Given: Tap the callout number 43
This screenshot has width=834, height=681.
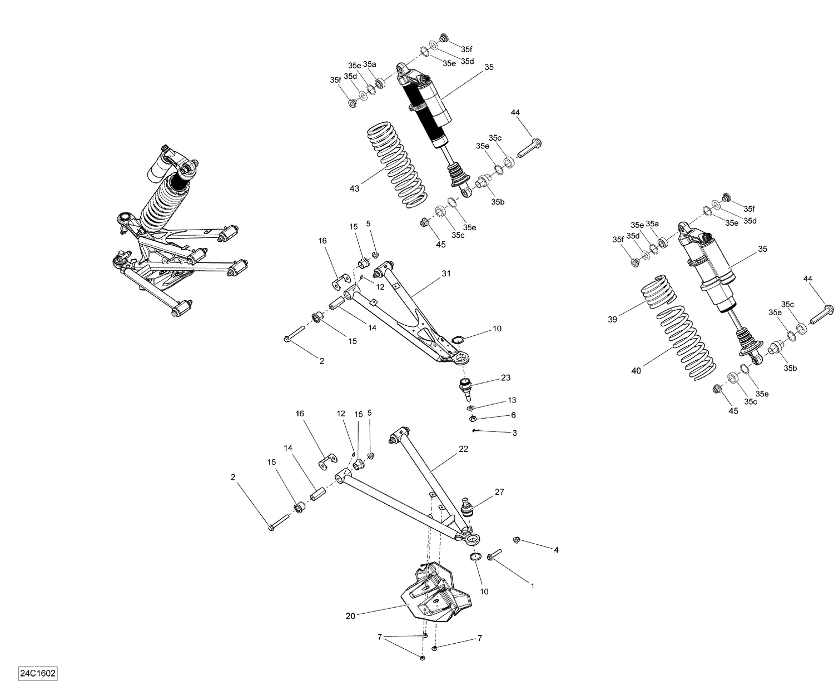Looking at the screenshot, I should point(354,188).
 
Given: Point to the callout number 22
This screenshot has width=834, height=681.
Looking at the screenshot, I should point(463,449).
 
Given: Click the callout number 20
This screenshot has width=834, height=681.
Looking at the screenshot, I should point(350,615).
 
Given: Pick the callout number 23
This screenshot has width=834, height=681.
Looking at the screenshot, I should point(505,377).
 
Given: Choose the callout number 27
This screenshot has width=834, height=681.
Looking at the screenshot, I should point(499,492).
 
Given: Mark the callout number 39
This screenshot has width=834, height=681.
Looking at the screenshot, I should point(612,319).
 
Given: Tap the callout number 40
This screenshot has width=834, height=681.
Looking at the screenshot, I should point(636,370).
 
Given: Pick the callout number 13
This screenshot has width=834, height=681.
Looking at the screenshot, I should point(512,400).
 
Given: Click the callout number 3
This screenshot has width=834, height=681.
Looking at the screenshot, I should point(514,433).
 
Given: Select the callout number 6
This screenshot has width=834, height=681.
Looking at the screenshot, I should point(513,415).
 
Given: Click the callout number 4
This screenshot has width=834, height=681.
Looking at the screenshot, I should point(555,550).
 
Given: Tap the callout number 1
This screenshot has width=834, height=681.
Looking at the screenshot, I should point(532,585).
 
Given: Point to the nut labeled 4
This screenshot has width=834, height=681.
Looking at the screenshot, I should point(516,539).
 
